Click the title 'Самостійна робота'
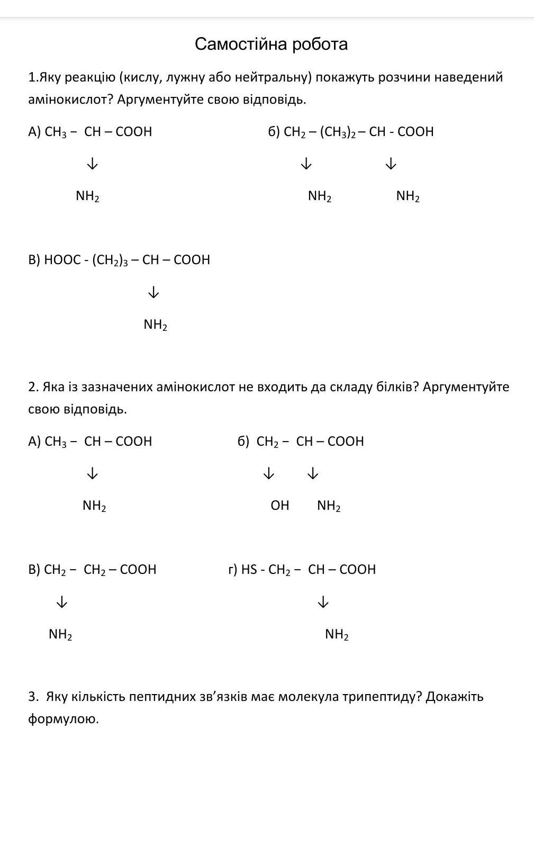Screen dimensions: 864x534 [x=271, y=44]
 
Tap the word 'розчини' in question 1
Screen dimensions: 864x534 [x=403, y=77]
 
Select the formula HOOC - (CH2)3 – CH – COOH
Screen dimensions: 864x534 [x=127, y=260]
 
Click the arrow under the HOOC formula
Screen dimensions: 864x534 [x=153, y=292]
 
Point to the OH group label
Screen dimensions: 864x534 [x=280, y=506]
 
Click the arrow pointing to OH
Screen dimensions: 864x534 [x=269, y=473]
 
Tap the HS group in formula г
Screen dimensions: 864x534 [x=249, y=570]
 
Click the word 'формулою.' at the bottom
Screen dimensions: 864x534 [x=64, y=719]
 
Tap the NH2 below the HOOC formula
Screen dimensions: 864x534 [x=156, y=325]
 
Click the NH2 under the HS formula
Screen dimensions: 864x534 [x=337, y=634]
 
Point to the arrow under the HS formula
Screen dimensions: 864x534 [x=323, y=602]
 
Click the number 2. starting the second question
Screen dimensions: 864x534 [x=33, y=387]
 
